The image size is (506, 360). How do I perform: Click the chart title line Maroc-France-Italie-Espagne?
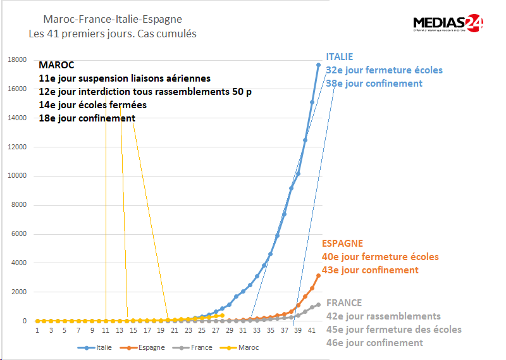113,20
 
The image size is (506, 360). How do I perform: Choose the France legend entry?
195,347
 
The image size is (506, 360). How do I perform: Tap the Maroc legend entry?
241,347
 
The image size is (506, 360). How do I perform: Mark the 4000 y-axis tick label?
18,263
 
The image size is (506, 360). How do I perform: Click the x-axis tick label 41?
312,331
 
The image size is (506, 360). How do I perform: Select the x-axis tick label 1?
37,331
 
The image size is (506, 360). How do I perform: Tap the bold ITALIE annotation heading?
340,56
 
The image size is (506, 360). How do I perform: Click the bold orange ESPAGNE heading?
343,244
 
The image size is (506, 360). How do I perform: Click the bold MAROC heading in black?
56,65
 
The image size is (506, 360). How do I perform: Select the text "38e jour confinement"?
374,84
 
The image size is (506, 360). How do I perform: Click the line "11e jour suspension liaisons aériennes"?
125,78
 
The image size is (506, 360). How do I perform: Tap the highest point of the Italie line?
319,65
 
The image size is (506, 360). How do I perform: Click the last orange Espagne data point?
319,275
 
